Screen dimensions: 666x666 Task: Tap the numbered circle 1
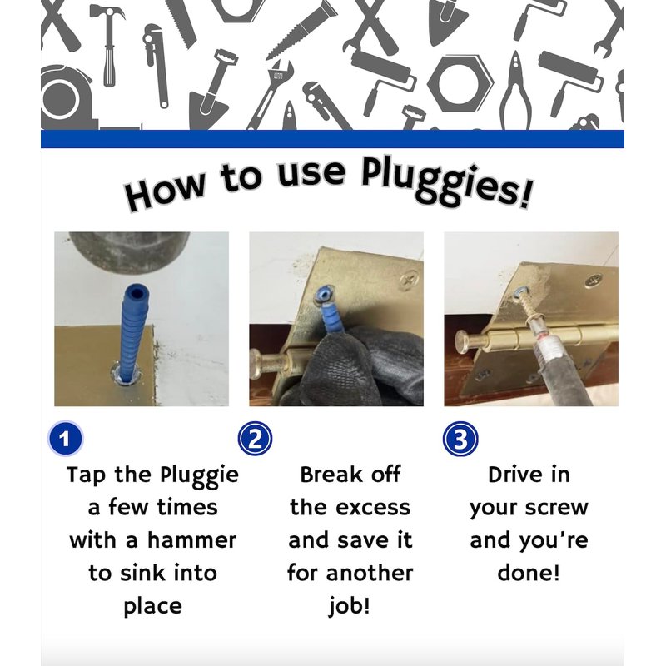(65, 439)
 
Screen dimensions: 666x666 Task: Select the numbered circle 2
(255, 439)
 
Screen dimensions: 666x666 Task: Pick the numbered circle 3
(460, 439)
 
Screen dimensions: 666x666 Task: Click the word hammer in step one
(191, 540)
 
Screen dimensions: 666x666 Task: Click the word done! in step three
(529, 573)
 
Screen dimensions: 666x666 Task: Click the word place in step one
(153, 607)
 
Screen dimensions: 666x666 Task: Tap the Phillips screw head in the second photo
(409, 281)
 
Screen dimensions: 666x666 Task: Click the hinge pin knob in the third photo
(466, 343)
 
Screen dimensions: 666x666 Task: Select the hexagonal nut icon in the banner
(460, 83)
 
